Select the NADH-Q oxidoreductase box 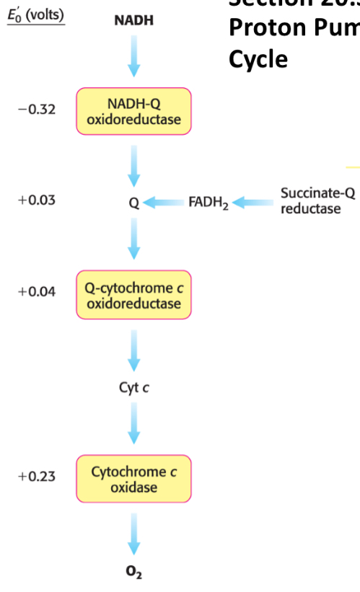(133, 112)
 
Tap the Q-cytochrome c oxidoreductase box (133, 296)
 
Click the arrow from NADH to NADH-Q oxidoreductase (133, 56)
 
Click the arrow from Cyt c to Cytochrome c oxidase (133, 423)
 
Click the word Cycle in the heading (258, 58)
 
